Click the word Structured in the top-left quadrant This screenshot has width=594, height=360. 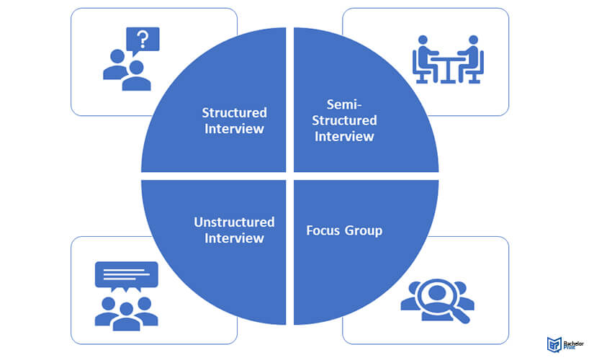coord(234,112)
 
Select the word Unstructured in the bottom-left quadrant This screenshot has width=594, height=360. coord(234,222)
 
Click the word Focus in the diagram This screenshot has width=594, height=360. coord(323,230)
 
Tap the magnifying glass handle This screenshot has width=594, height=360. coord(461,315)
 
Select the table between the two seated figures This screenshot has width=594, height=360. coord(448,69)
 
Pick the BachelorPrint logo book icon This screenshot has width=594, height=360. coord(554,344)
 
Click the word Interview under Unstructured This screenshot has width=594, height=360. coord(234,238)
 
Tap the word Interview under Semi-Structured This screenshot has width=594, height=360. coord(344,136)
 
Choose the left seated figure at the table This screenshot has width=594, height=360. coord(425,59)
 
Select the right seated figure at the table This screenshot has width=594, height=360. coord(471,59)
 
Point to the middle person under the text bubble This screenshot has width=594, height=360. coord(126,317)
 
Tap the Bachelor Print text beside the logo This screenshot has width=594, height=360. coord(574,345)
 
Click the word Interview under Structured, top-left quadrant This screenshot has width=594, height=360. coord(234,129)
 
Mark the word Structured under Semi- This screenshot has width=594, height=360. coord(344,120)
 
